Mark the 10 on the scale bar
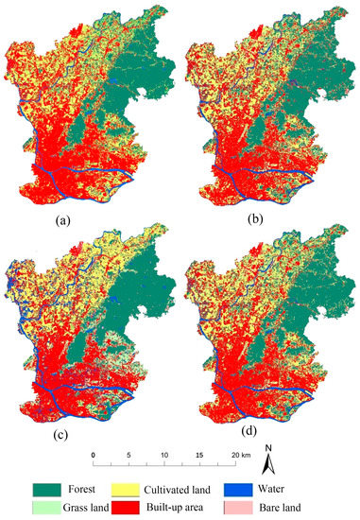tap(165, 456)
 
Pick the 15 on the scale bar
tap(200, 456)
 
